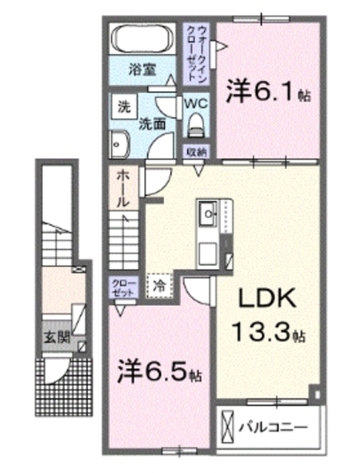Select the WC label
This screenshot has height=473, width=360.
197,103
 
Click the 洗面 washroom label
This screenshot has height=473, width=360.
152,124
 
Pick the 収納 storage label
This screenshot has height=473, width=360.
196,152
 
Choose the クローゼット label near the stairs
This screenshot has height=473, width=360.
123,287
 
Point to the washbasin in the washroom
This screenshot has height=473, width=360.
118,143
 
